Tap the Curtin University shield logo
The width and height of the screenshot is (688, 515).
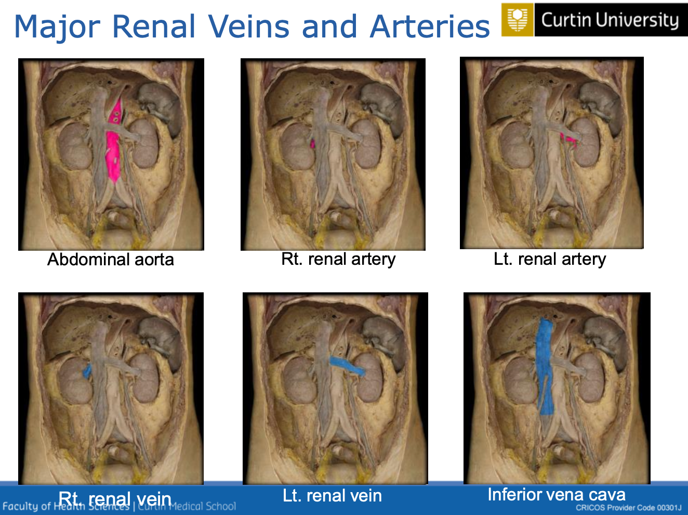[x=517, y=20]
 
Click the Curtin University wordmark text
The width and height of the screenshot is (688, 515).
[x=610, y=20]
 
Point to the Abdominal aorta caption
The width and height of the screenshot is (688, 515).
[x=111, y=260]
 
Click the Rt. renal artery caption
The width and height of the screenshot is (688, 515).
[x=338, y=259]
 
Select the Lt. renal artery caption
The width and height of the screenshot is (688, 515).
[x=550, y=259]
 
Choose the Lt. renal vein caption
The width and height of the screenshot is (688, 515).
[x=332, y=496]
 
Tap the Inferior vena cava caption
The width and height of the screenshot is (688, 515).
[x=557, y=495]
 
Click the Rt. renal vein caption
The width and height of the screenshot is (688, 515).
[x=115, y=499]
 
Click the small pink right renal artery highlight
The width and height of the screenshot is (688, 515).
[x=313, y=143]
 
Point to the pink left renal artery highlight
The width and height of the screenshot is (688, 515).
[x=570, y=139]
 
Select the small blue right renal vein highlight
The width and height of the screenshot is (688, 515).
[x=87, y=370]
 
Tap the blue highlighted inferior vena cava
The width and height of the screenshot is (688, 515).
[x=545, y=364]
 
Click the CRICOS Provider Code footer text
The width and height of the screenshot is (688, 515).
[x=628, y=508]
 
